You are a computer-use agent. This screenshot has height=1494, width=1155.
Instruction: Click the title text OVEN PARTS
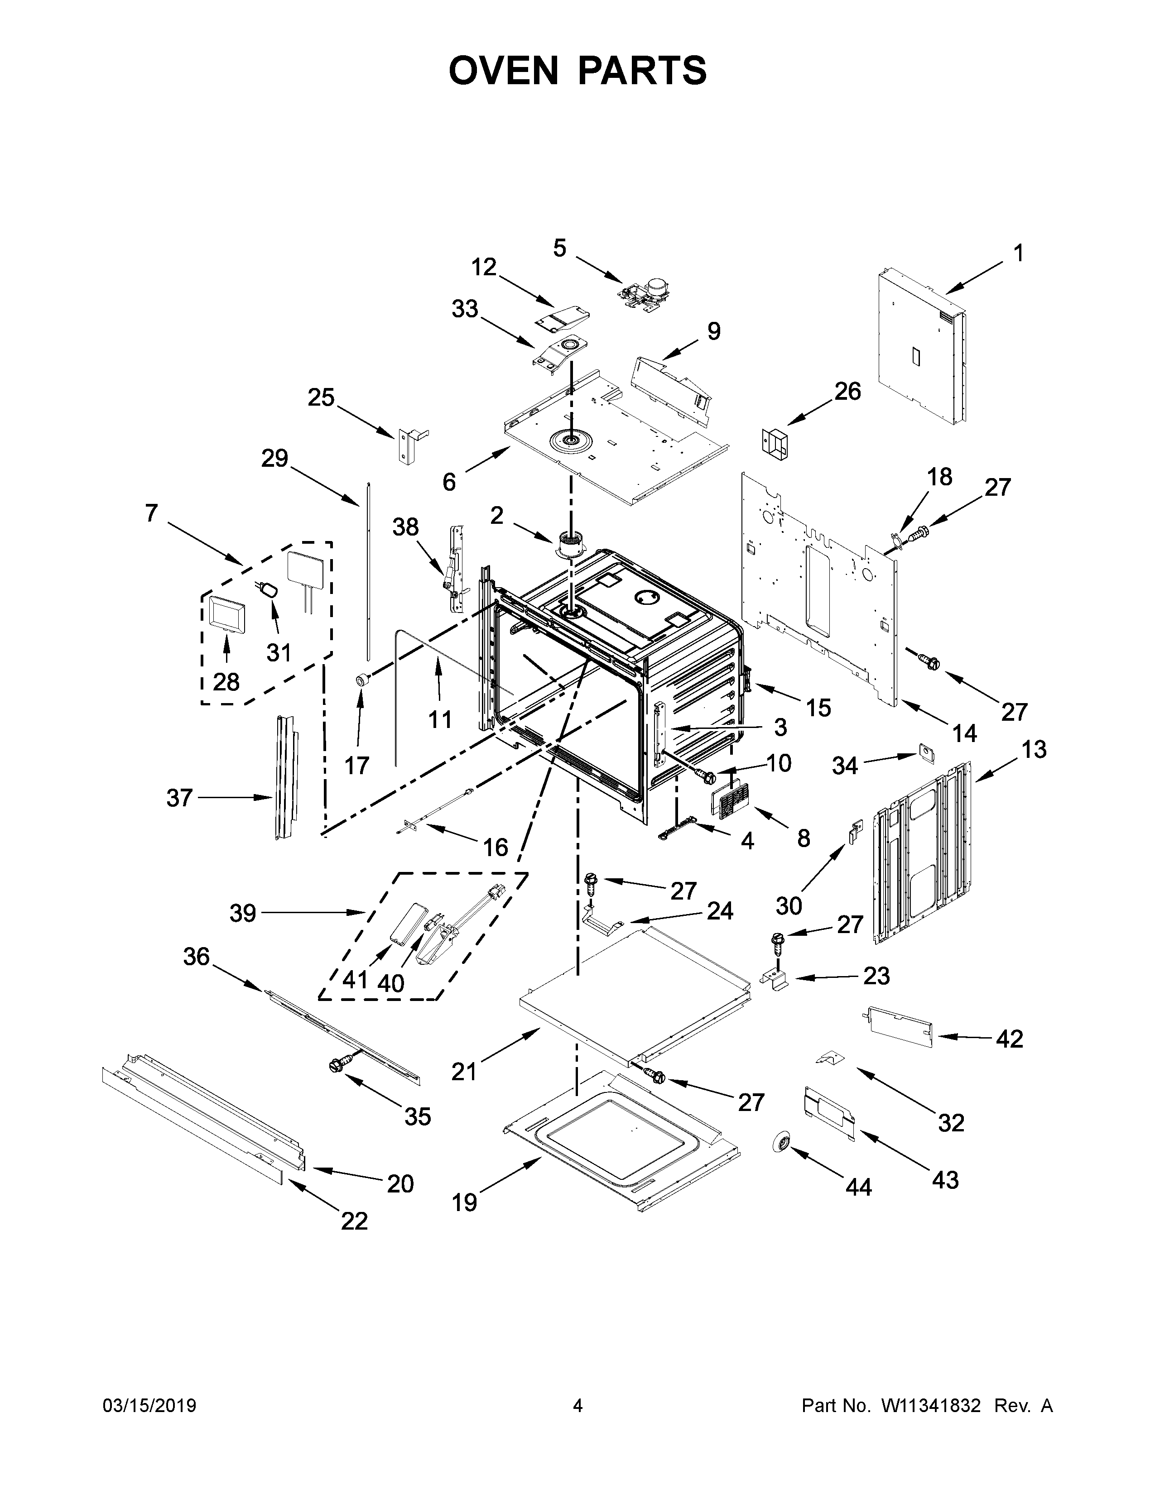[577, 71]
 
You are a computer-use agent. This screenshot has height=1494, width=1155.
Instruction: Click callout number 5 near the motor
[560, 248]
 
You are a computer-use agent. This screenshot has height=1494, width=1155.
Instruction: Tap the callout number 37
[179, 798]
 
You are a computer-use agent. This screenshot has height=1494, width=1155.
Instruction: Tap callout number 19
[465, 1202]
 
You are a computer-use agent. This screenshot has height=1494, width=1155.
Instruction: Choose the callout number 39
[243, 913]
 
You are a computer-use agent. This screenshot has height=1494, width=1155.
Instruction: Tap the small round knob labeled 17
[361, 679]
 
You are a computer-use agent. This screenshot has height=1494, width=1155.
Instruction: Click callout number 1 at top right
[1018, 254]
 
